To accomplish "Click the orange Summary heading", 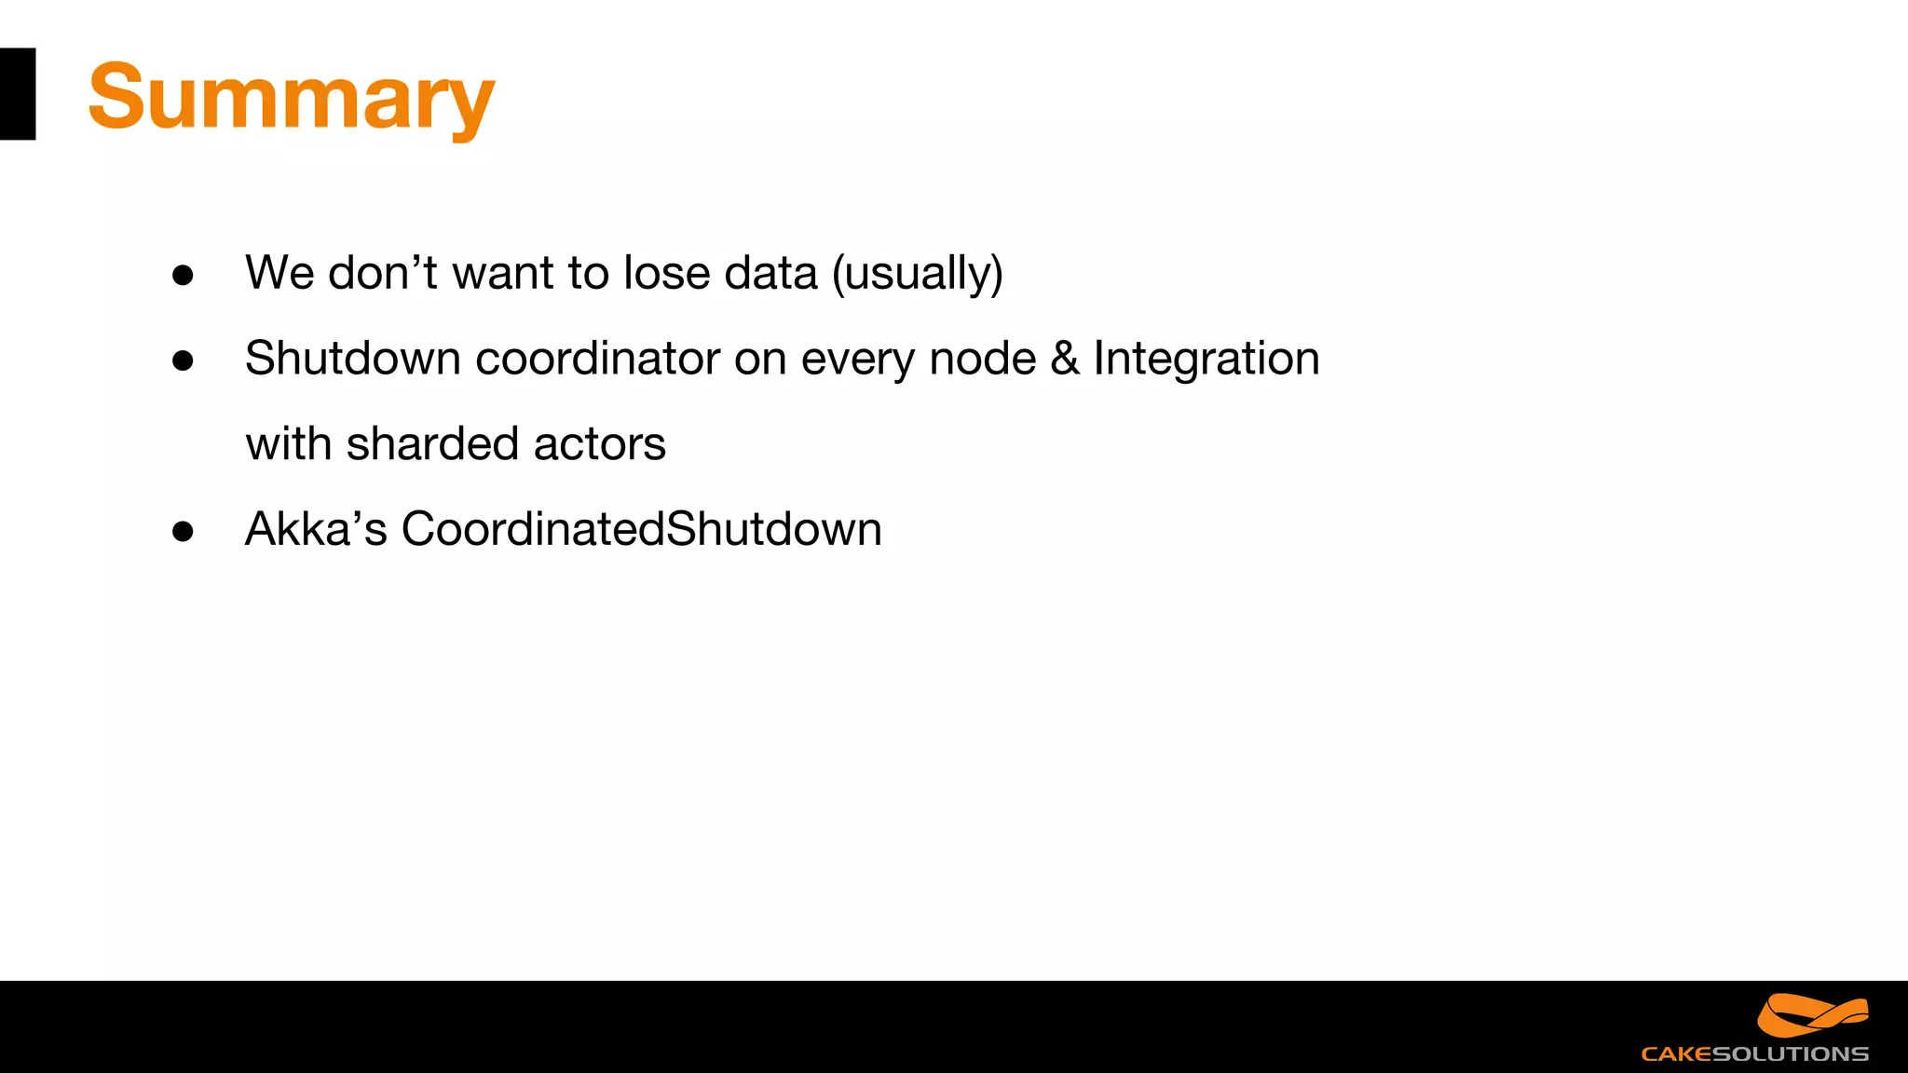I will pos(291,98).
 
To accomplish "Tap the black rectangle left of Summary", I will pos(17,94).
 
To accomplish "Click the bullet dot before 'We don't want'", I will pos(183,275).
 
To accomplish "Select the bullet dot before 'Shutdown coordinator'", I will pos(183,360).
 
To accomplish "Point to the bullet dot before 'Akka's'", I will pos(183,531).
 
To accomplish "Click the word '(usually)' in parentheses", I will pos(917,274).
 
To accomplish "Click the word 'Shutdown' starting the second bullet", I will pos(352,359).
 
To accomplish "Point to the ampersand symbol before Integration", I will pos(1065,359).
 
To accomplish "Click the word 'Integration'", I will pos(1206,360).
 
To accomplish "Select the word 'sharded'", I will pos(432,443).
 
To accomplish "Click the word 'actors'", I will pos(600,444).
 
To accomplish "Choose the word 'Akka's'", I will pos(316,529).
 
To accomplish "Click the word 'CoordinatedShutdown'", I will pos(641,529).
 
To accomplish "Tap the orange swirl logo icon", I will pos(1812,1015).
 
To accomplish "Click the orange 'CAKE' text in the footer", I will pos(1676,1054).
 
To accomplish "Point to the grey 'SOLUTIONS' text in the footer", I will pos(1791,1054).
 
